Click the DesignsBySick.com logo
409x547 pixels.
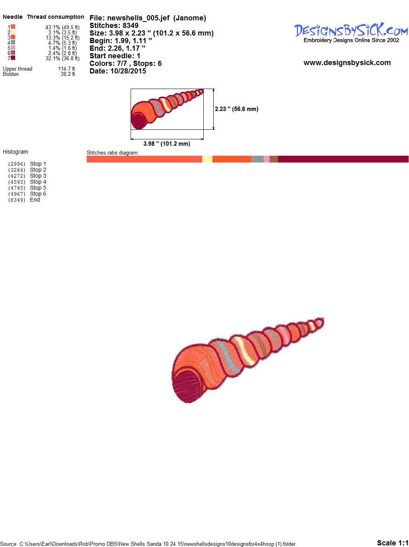click(351, 33)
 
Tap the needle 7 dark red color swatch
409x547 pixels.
click(13, 58)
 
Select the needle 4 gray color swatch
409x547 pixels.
click(13, 42)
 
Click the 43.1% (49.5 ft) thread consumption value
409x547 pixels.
click(62, 27)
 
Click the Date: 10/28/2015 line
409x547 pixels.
click(118, 71)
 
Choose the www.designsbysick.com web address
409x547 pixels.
click(347, 63)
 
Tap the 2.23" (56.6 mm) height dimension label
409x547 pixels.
click(236, 109)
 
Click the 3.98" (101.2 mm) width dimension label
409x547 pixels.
click(167, 144)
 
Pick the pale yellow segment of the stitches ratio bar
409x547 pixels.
click(207, 159)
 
